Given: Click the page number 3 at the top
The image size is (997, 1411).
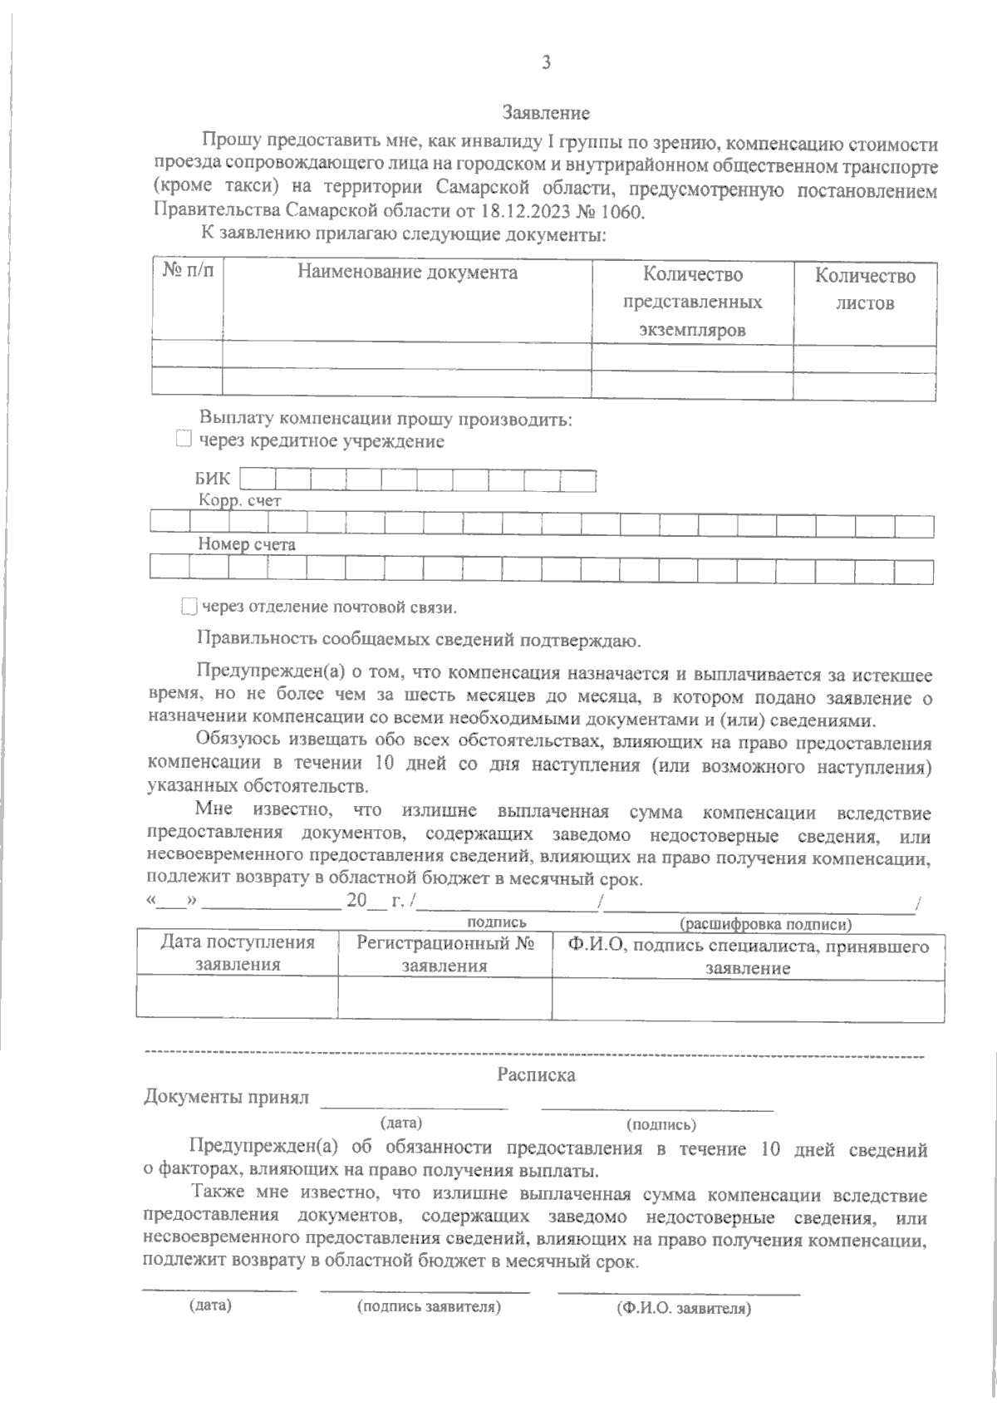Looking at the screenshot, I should point(546,62).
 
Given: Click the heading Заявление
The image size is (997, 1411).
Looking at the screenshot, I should point(546,112).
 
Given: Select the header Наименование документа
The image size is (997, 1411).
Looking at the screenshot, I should point(407,273).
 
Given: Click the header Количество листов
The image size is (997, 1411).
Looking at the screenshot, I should point(865,289).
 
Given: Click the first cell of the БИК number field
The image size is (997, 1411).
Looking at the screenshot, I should point(258,479).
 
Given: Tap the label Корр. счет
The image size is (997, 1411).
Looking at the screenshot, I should point(239,501).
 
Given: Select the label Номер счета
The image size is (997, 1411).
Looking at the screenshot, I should point(247,545).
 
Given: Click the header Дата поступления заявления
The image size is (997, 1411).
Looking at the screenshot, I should point(238,954).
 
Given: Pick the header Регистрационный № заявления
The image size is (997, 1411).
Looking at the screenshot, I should point(444,954).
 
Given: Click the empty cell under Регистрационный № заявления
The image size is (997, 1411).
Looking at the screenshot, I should point(444,996).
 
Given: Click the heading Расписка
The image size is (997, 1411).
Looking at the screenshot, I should point(536,1074).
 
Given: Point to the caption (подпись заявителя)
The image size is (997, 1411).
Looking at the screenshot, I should point(429,1306).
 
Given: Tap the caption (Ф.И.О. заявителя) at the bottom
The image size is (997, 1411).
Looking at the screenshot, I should point(684,1308).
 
